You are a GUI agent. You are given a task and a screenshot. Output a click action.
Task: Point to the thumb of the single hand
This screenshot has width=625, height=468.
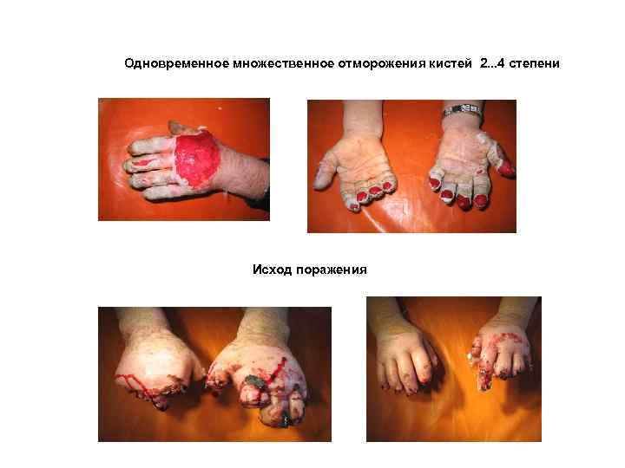(x=184, y=128)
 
